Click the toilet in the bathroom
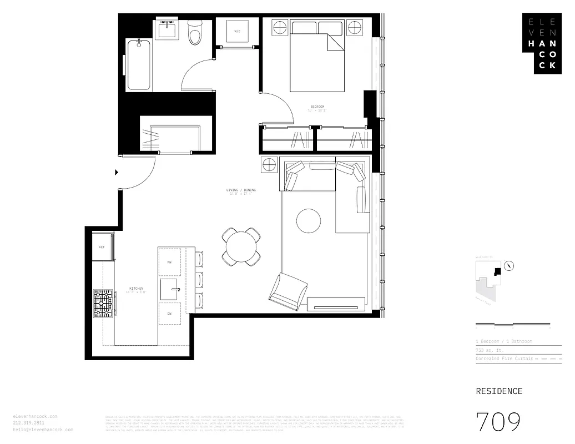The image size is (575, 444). tap(195, 35)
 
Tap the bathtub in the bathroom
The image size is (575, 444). tap(138, 65)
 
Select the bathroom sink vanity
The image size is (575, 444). tap(167, 29)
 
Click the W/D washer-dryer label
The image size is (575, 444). tap(237, 31)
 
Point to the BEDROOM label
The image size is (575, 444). tap(317, 107)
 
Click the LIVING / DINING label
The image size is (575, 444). tap(241, 190)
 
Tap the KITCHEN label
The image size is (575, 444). tap(136, 289)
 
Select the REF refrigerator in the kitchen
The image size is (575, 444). tap(103, 246)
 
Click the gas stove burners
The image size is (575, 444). tap(103, 303)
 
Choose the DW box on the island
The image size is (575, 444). tap(169, 314)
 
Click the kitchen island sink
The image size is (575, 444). tap(171, 289)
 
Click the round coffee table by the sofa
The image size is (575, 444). tap(309, 220)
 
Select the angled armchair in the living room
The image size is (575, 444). tap(287, 292)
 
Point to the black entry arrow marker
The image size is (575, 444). tap(116, 173)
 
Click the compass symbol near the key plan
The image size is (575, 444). tap(510, 266)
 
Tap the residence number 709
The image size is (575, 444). tap(498, 422)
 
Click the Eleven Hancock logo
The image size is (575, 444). tap(542, 43)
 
